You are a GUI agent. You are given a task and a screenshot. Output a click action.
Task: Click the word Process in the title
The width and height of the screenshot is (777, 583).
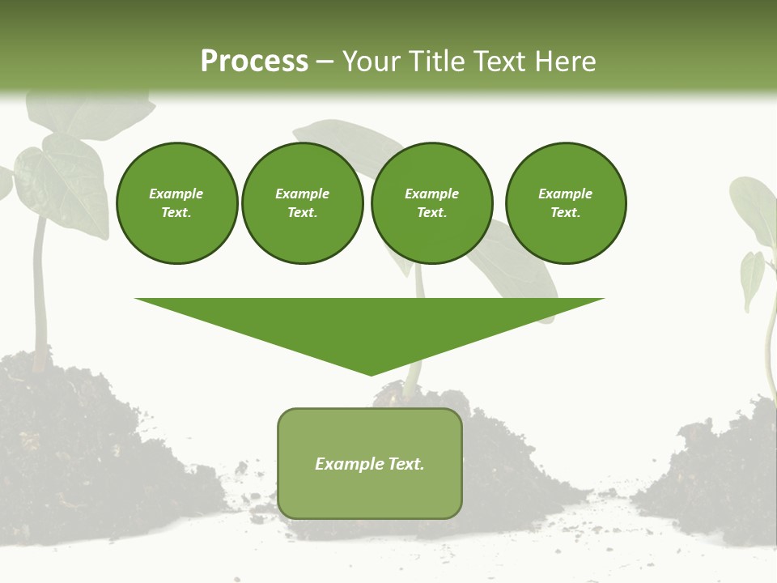(x=254, y=62)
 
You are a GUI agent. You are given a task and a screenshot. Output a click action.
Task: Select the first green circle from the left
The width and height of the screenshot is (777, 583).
(x=176, y=202)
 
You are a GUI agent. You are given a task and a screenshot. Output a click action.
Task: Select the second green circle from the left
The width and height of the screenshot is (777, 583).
(x=302, y=202)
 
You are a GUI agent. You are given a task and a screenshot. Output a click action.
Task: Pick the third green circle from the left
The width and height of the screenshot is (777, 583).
(x=431, y=202)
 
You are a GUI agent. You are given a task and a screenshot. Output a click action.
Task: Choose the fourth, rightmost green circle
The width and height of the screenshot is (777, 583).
(x=565, y=202)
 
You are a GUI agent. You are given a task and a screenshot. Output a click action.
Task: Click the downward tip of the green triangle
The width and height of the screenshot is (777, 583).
(x=371, y=372)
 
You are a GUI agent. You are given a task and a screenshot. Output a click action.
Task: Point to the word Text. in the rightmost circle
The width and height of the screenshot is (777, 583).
(x=565, y=213)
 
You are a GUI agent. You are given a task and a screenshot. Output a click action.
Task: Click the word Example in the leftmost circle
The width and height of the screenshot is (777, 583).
(x=176, y=194)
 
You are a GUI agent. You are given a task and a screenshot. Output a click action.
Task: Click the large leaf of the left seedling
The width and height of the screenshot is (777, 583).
(x=61, y=182)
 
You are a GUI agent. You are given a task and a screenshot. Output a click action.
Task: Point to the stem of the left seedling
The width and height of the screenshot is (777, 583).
(x=38, y=291)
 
